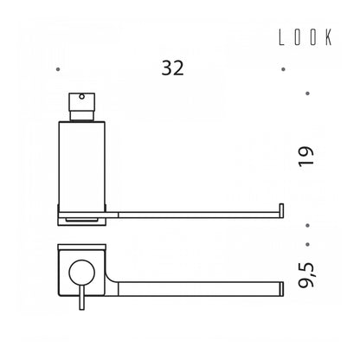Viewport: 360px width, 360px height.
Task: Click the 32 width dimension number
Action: (172, 68)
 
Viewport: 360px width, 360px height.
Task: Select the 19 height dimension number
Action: (305, 156)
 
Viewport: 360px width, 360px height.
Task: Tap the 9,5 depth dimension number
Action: (306, 275)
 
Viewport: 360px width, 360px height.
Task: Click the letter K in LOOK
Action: (329, 37)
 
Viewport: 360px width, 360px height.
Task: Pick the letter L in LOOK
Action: (281, 37)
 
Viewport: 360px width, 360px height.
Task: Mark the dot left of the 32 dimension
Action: (58, 69)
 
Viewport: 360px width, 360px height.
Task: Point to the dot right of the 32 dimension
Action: (283, 69)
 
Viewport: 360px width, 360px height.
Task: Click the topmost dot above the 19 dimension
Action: (307, 93)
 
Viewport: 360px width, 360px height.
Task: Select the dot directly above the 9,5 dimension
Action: (307, 244)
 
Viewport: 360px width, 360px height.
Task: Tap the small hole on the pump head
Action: (82, 97)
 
